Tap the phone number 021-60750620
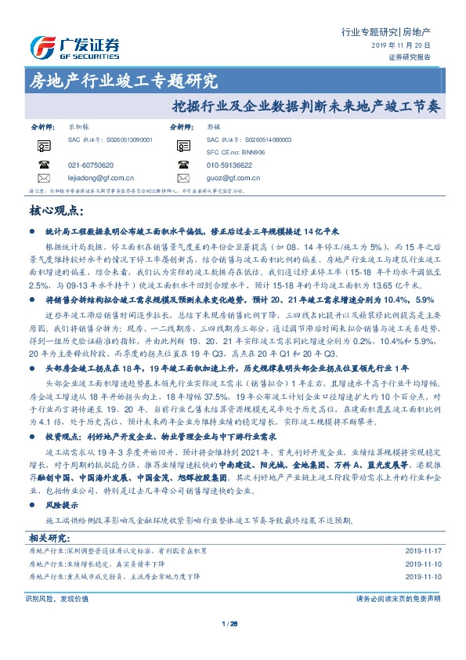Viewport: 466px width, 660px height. pyautogui.click(x=91, y=165)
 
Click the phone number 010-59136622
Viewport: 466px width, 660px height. pyautogui.click(x=229, y=165)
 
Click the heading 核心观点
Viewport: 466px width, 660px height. pyautogui.click(x=56, y=211)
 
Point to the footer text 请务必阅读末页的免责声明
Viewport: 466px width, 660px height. pyautogui.click(x=398, y=620)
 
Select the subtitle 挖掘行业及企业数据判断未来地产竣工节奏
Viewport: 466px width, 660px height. pyautogui.click(x=306, y=103)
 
